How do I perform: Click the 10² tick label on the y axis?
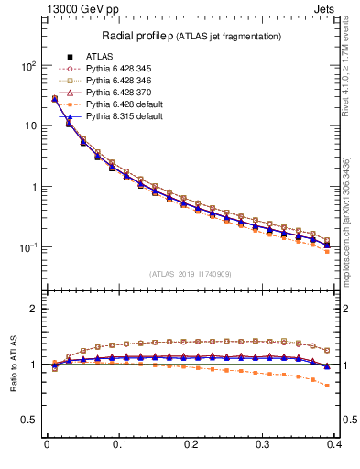(27, 66)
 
